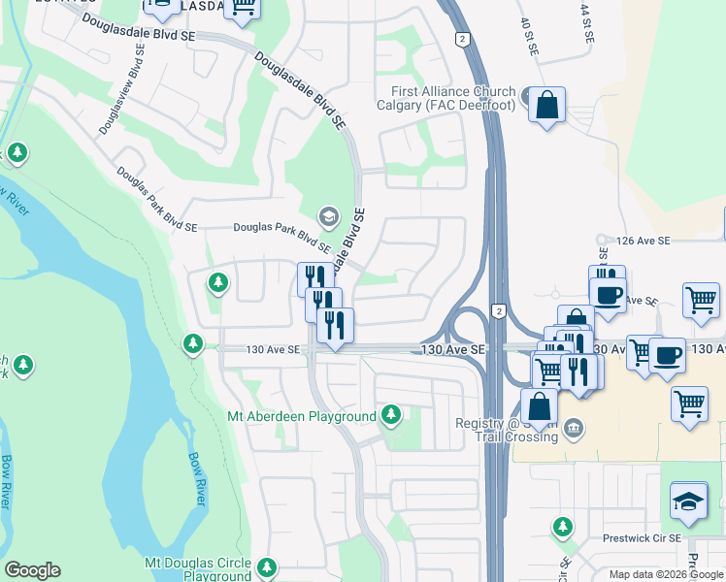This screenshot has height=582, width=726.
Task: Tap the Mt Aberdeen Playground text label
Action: [x=302, y=417]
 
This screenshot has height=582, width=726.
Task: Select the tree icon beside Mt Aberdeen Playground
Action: [x=391, y=415]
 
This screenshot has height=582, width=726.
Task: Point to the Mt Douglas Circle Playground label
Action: [x=198, y=569]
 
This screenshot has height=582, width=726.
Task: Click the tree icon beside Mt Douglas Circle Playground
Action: [x=268, y=565]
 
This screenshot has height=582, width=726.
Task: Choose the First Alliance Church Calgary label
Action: [x=446, y=99]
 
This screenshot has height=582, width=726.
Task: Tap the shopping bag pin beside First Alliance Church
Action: [x=547, y=104]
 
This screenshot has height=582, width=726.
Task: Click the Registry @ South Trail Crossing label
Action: [x=507, y=430]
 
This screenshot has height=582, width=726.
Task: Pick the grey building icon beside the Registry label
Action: [x=574, y=427]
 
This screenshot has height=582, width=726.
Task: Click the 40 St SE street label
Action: [x=529, y=37]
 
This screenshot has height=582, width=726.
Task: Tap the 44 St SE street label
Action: [x=587, y=21]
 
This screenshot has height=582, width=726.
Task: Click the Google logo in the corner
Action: [x=32, y=570]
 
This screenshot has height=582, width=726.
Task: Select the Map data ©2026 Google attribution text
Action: [x=666, y=574]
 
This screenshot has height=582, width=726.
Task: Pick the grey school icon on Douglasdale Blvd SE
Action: [x=329, y=215]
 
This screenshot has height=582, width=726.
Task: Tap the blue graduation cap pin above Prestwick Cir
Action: [x=689, y=501]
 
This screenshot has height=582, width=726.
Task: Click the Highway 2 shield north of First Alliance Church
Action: [x=463, y=39]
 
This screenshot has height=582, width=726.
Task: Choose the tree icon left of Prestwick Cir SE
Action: [x=562, y=527]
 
